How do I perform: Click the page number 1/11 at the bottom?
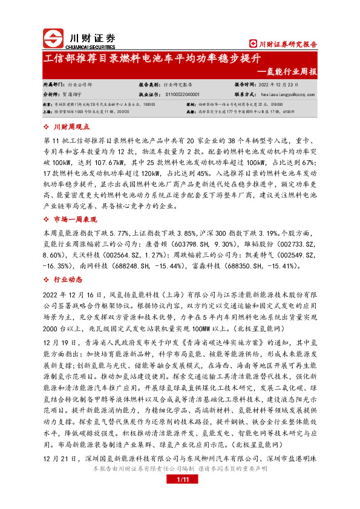pyautogui.click(x=180, y=496)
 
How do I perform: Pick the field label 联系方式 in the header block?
pyautogui.click(x=246, y=94)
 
